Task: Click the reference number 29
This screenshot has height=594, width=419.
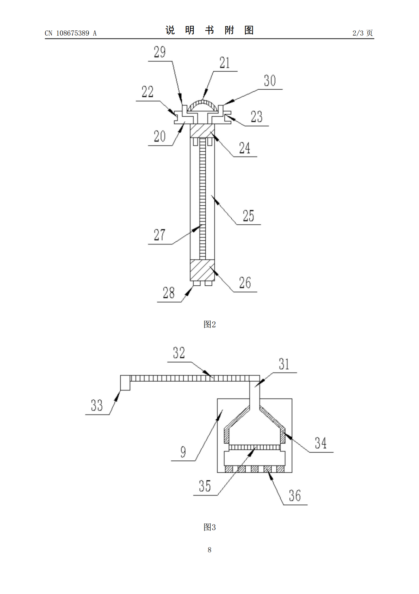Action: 160,52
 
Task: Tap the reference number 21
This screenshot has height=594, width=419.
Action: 224,63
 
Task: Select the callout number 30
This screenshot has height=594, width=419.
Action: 270,81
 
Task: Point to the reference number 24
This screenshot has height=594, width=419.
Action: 245,148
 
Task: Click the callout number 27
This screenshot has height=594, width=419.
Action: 160,235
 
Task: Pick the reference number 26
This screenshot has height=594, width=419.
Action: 245,283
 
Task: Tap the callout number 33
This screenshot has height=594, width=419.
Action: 96,405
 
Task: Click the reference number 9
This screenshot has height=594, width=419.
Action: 183,452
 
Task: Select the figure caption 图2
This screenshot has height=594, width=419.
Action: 210,324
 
